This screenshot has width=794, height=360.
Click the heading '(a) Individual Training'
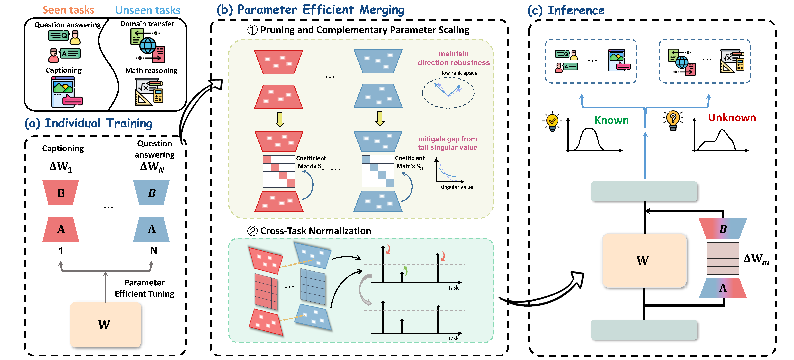click(88, 123)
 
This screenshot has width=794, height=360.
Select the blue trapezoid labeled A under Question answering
click(151, 229)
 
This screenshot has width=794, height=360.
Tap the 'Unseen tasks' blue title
click(148, 10)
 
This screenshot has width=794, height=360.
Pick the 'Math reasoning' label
click(151, 71)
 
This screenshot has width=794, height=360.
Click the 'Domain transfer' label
click(147, 24)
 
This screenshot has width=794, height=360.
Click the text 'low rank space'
click(459, 73)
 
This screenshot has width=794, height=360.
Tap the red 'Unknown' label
click(732, 118)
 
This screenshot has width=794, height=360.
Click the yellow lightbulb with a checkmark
click(552, 121)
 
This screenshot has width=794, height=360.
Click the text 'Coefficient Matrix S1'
click(311, 162)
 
